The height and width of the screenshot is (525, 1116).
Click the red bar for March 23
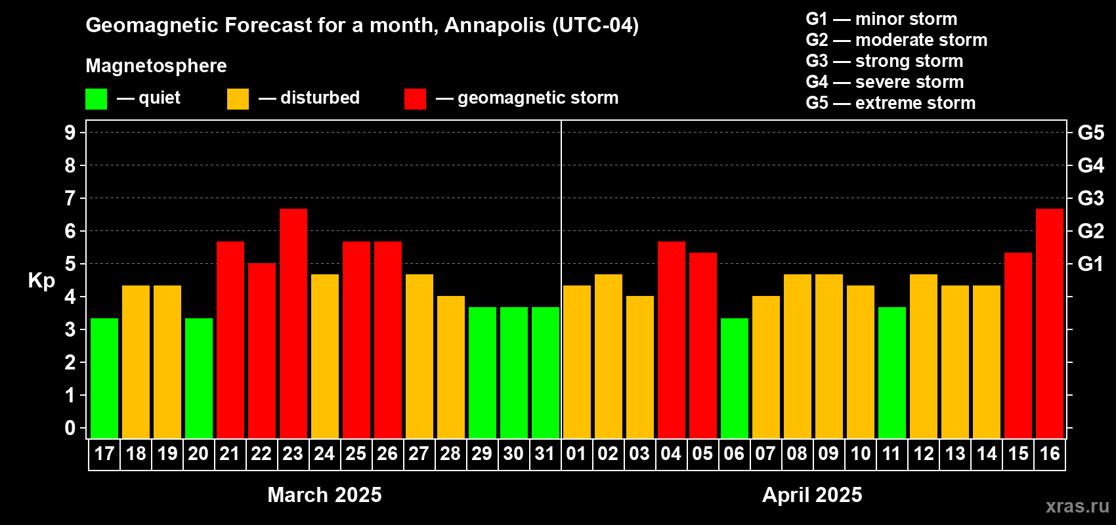tap(293, 324)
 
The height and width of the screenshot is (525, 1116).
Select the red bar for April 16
tap(1050, 324)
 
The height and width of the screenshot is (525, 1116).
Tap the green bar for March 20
tap(199, 378)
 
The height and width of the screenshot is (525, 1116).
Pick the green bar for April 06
tap(735, 378)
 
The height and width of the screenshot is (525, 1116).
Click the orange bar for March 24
tap(325, 356)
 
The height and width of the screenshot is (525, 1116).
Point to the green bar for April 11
tap(891, 373)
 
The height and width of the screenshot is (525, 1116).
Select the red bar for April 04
tap(672, 340)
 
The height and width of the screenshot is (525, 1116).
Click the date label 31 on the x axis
tap(545, 453)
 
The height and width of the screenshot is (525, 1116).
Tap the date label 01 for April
tap(576, 453)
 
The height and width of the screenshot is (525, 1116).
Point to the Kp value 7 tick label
tap(70, 198)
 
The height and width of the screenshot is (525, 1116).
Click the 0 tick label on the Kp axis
tap(70, 428)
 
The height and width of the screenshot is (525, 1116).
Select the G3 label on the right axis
tap(1091, 198)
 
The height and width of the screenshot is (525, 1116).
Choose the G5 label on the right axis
tap(1091, 133)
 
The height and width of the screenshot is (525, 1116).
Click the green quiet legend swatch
tap(96, 98)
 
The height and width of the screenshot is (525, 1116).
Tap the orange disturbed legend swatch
tap(238, 98)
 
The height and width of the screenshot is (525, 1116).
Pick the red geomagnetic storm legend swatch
tap(415, 98)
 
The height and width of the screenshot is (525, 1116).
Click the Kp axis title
tap(41, 281)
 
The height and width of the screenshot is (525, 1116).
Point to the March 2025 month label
tap(324, 495)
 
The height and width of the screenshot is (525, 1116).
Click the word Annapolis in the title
tap(495, 26)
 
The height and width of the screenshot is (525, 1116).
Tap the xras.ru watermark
tap(1077, 507)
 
